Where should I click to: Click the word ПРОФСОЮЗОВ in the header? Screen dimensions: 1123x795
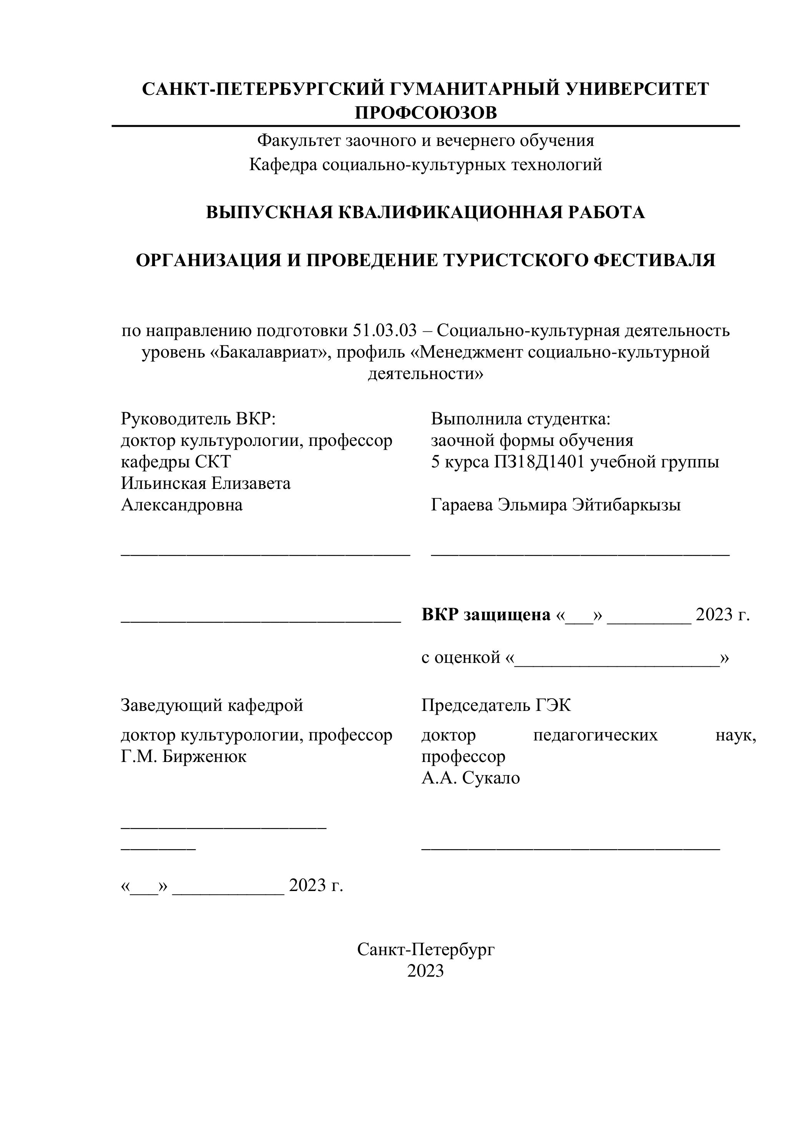click(426, 113)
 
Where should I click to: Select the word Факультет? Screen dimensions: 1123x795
click(299, 141)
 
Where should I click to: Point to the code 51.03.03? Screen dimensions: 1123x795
click(384, 331)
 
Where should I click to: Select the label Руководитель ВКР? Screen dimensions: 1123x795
click(199, 419)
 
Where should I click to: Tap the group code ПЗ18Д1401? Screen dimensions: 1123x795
click(539, 462)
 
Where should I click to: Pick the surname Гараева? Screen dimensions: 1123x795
click(462, 505)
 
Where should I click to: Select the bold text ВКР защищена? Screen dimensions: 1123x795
click(486, 615)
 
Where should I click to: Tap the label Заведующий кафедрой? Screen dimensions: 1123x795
click(212, 705)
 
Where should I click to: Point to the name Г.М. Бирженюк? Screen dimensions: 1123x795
click(184, 757)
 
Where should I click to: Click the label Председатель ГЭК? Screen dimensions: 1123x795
click(496, 705)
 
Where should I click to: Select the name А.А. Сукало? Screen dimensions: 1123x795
click(471, 778)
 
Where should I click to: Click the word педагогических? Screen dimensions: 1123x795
click(595, 735)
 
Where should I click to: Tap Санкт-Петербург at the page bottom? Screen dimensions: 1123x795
click(426, 949)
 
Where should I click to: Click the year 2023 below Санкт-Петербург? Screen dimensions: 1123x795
click(426, 971)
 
